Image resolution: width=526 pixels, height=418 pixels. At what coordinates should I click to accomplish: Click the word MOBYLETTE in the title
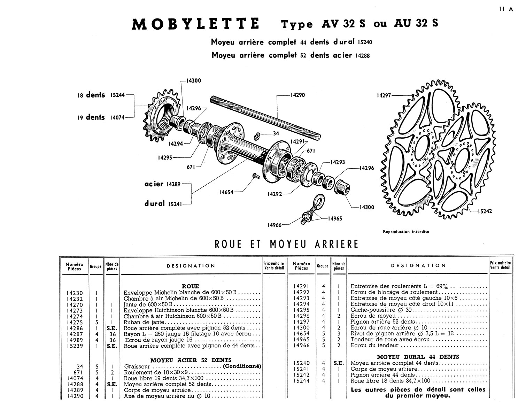pyautogui.click(x=195, y=24)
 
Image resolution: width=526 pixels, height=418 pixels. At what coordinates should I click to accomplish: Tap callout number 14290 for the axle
pyautogui.click(x=297, y=95)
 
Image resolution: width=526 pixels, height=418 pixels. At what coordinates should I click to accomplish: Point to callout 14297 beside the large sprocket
pyautogui.click(x=384, y=95)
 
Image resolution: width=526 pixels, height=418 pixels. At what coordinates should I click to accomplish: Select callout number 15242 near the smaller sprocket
pyautogui.click(x=485, y=211)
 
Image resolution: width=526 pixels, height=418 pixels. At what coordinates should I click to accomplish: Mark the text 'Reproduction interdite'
pyautogui.click(x=406, y=232)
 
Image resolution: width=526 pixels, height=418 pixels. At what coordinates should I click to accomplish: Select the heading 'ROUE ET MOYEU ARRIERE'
pyautogui.click(x=286, y=244)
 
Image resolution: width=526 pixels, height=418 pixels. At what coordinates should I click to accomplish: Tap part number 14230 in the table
pyautogui.click(x=75, y=293)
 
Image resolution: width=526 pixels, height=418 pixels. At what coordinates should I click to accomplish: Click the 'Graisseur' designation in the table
pyautogui.click(x=137, y=366)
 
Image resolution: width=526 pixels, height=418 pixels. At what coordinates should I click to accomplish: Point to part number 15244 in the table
pyautogui.click(x=301, y=381)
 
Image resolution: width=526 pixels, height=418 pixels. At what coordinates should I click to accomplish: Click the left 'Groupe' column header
pyautogui.click(x=96, y=266)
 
